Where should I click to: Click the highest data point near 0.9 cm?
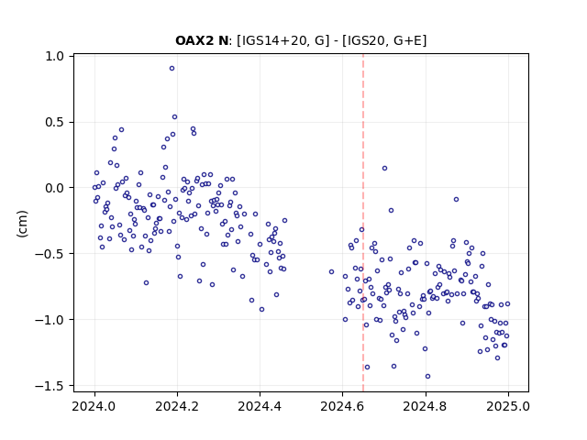(x=172, y=69)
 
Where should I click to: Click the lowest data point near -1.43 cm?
(x=428, y=377)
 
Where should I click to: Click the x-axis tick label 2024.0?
(x=94, y=406)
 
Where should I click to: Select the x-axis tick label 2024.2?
(x=177, y=406)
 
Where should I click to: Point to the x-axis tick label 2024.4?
(x=260, y=406)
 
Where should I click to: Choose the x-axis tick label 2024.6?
(x=342, y=406)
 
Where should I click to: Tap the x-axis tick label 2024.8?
(x=426, y=406)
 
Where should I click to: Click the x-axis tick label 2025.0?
(x=508, y=406)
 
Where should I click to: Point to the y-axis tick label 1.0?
(x=55, y=57)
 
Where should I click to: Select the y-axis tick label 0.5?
(x=55, y=122)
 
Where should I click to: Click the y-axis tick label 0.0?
(x=55, y=188)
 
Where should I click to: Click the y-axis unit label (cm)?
(x=22, y=224)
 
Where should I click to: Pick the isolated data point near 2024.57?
(x=331, y=271)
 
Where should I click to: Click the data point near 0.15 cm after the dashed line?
(x=384, y=169)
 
